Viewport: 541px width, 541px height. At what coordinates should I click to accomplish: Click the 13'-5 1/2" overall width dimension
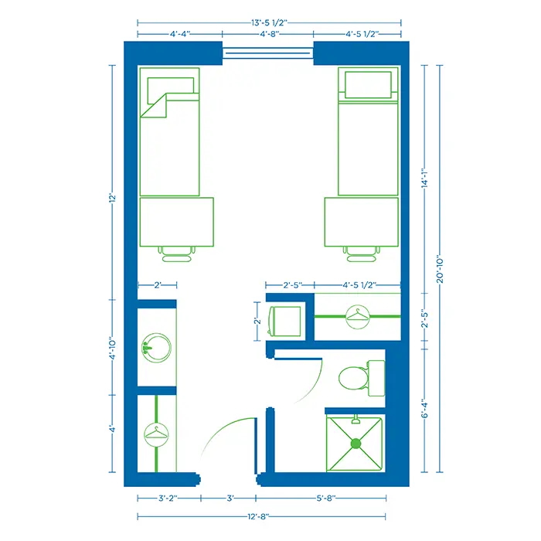coord(270,22)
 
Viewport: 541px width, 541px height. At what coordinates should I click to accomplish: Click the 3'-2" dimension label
coord(168,499)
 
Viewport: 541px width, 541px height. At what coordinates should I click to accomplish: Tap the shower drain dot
coord(356,444)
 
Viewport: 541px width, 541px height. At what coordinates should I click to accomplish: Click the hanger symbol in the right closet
coord(358,316)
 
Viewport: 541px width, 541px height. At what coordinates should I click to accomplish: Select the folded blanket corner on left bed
coord(157,105)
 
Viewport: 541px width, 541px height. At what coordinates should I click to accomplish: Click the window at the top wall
coord(268,53)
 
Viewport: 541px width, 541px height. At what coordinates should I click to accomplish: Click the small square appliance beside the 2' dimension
coord(284,321)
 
